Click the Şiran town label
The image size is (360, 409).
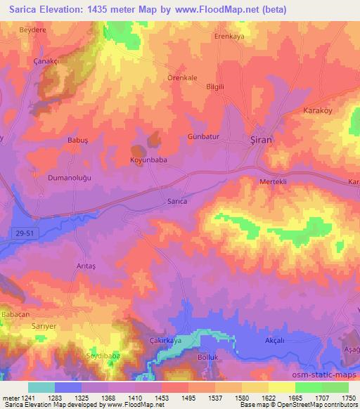pos(262,140)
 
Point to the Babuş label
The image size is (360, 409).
pos(77,140)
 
